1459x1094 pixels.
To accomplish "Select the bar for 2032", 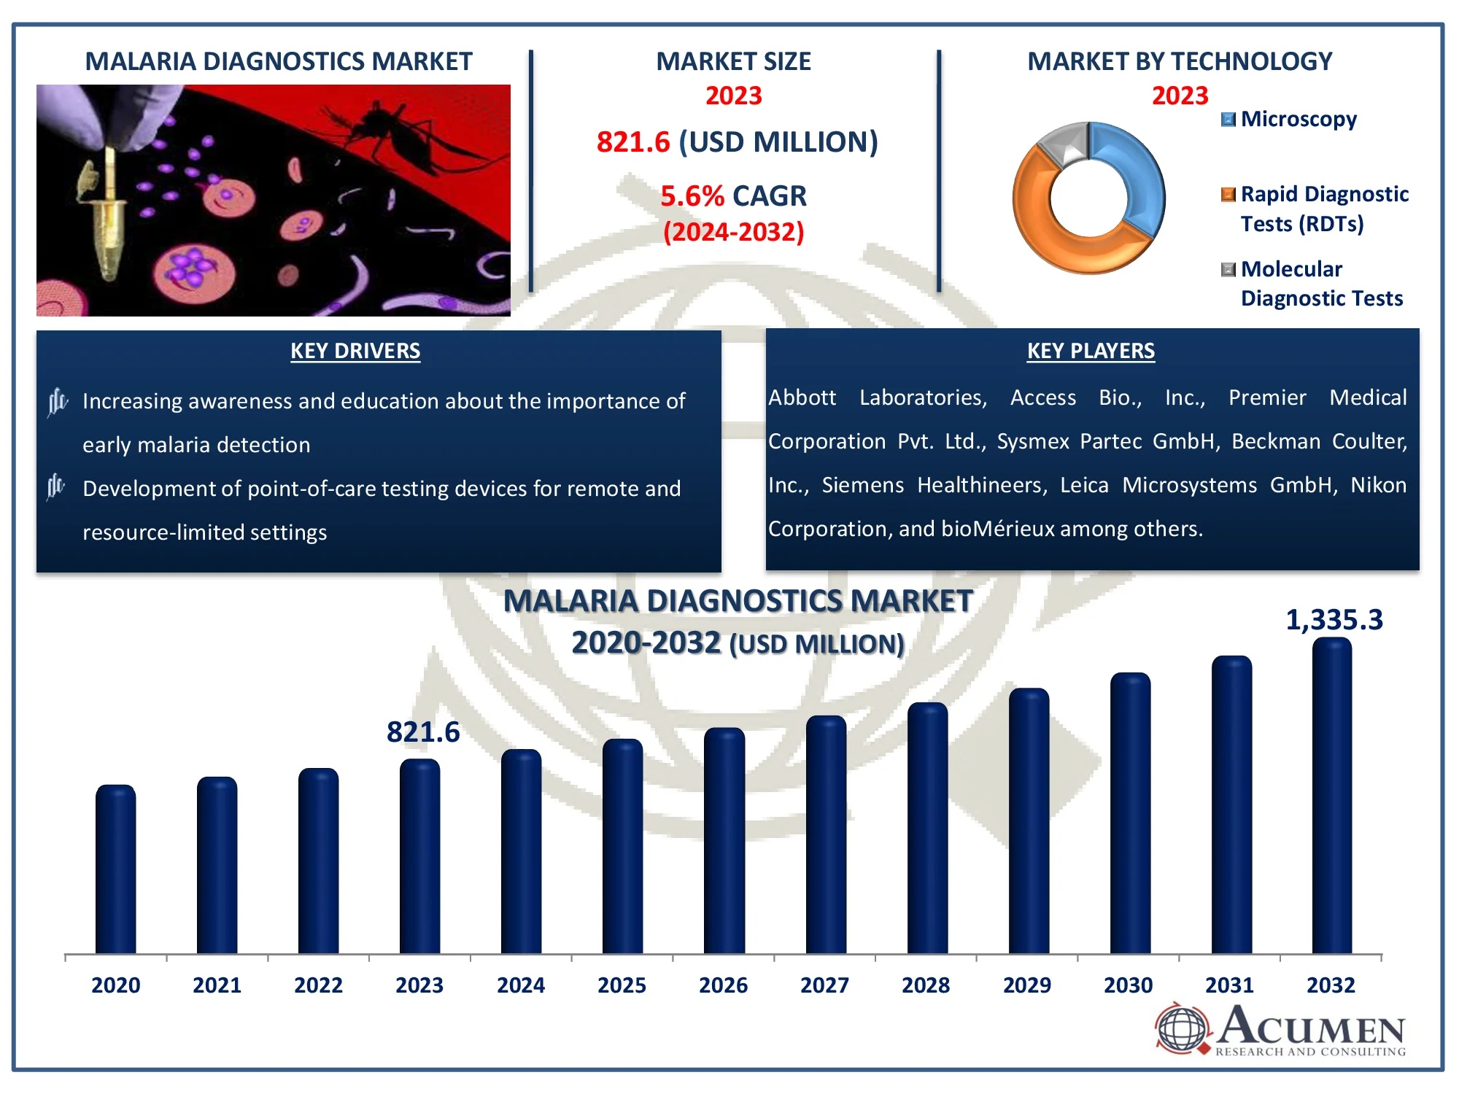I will (1331, 795).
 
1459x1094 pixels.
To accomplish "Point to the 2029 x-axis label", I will (1026, 985).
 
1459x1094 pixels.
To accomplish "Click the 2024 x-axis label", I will (520, 985).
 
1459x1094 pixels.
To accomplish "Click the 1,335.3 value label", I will (1334, 620).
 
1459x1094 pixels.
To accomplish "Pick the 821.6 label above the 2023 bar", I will (423, 732).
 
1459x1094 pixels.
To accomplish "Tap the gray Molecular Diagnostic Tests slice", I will (1062, 141).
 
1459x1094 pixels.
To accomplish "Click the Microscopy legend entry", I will (1298, 119).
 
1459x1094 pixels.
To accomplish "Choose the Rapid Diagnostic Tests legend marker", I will (1228, 194).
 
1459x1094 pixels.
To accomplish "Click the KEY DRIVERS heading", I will (355, 351).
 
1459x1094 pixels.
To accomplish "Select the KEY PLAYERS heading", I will (1091, 351).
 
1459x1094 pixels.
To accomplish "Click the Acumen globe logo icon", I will (1182, 1029).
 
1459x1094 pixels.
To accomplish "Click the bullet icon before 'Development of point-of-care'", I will (56, 486).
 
